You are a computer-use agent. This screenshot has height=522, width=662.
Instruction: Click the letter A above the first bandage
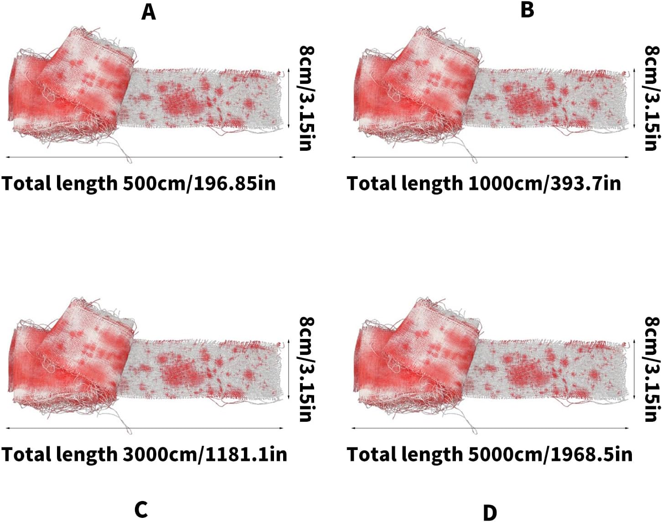[x=149, y=12]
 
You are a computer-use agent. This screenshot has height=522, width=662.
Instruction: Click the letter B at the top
[x=527, y=10]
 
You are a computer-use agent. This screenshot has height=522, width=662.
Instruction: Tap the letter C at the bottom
[x=141, y=509]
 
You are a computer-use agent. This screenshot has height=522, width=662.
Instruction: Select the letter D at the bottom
[x=490, y=513]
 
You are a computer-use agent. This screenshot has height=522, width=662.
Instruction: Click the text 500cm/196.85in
[x=199, y=183]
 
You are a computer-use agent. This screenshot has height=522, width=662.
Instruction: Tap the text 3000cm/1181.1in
[x=205, y=454]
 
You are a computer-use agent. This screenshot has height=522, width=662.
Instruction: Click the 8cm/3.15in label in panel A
[x=307, y=98]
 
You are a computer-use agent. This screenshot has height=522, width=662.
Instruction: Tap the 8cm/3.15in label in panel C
[x=307, y=369]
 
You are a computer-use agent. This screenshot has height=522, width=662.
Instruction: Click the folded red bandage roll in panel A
[x=73, y=87]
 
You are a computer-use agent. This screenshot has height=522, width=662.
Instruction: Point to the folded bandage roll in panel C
[x=73, y=358]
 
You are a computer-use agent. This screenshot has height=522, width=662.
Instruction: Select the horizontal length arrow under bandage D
[x=490, y=428]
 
